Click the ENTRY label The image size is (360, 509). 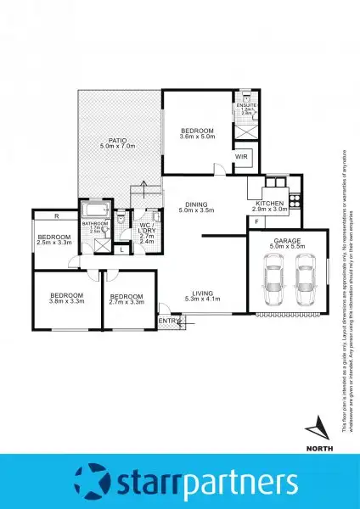[170, 321]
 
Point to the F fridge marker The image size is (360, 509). [257, 221]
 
